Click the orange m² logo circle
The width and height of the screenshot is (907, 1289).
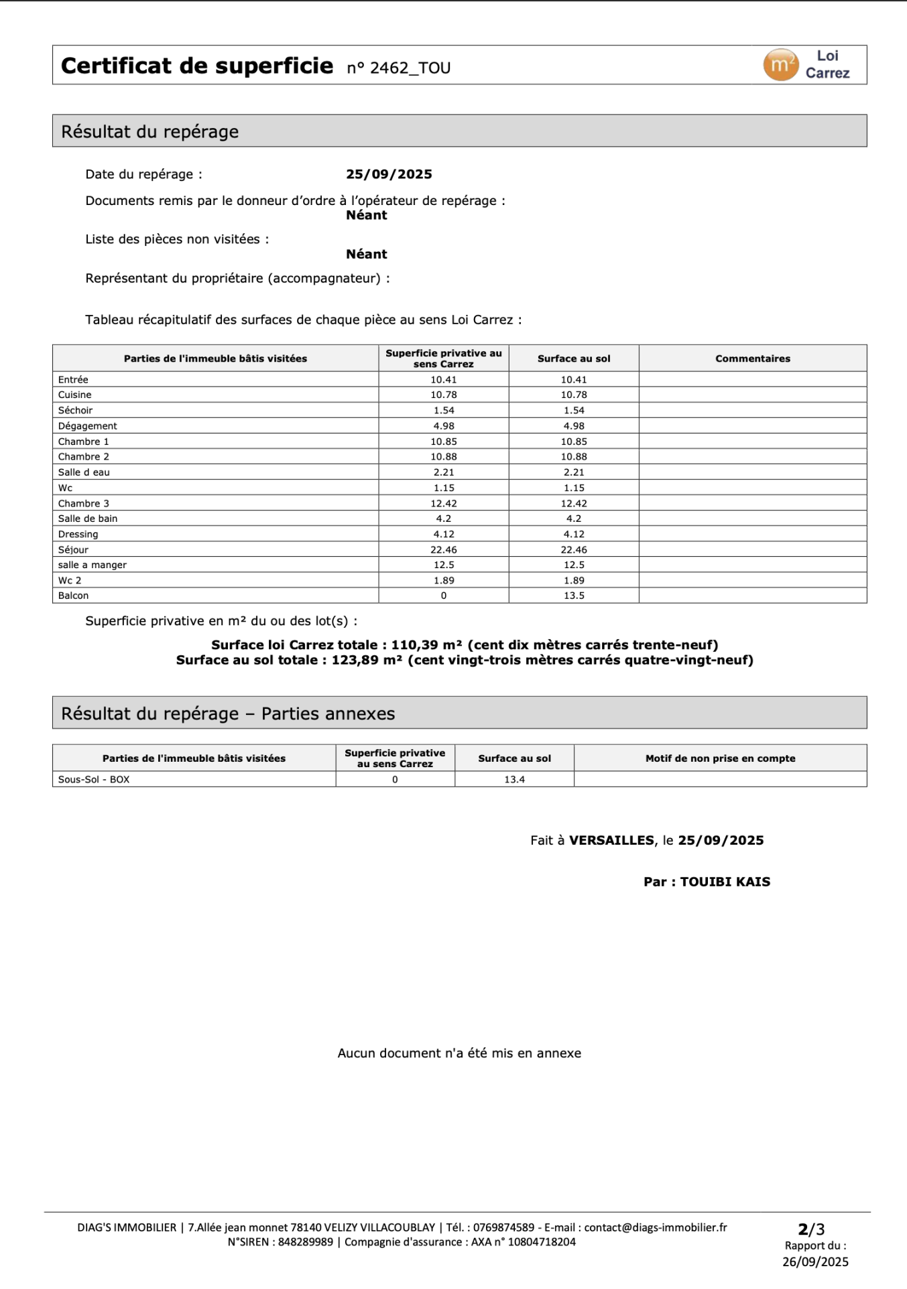780,65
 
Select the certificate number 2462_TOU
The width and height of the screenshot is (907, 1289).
410,68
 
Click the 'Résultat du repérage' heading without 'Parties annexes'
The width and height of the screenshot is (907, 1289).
149,131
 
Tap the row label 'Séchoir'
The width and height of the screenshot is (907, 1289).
75,410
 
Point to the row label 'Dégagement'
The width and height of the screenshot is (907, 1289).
87,426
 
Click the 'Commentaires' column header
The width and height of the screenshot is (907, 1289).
752,358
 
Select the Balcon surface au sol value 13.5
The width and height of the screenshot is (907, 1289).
574,596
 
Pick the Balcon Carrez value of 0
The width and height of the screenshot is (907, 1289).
444,596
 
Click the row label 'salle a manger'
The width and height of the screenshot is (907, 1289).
92,565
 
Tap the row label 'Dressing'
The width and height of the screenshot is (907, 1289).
78,534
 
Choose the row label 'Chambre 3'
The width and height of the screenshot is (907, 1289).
83,503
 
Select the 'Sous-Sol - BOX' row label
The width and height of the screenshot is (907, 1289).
94,779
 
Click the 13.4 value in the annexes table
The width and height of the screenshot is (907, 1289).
514,779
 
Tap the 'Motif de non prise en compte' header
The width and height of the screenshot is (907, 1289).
720,758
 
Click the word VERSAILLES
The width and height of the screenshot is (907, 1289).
611,840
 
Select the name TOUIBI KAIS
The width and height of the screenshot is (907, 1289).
725,882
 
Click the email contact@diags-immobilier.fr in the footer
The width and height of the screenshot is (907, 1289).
655,1227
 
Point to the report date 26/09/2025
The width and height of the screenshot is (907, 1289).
815,1262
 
